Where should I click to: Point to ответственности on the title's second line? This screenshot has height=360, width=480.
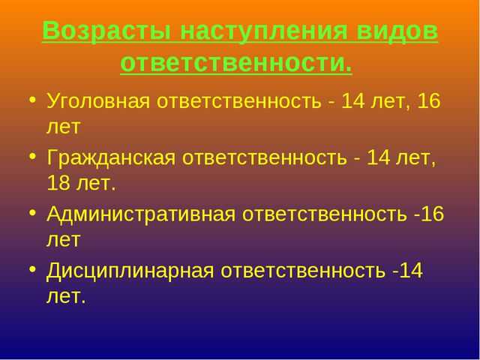click(235, 64)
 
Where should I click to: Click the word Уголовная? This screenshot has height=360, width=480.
click(102, 100)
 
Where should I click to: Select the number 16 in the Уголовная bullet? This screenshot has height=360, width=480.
click(430, 100)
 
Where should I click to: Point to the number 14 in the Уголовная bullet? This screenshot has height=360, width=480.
click(353, 100)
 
